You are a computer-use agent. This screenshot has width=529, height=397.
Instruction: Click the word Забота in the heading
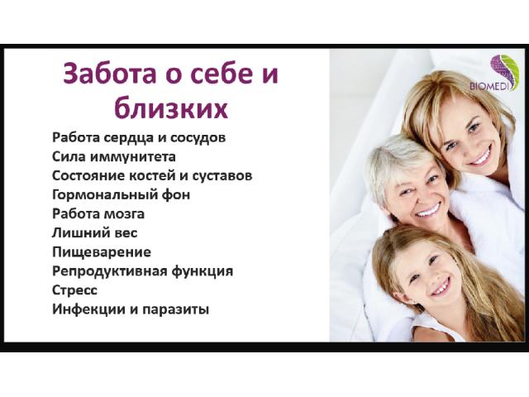coord(110,74)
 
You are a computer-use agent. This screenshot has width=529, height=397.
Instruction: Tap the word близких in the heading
coord(171,108)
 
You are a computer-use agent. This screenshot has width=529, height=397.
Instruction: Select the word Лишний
coord(78,233)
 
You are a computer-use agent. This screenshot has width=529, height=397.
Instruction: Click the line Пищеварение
coord(102,252)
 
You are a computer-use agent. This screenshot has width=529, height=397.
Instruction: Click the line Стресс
coord(75,290)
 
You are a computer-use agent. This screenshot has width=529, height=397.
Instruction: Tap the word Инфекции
coord(88,309)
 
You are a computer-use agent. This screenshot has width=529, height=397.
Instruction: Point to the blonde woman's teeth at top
coord(481,157)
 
